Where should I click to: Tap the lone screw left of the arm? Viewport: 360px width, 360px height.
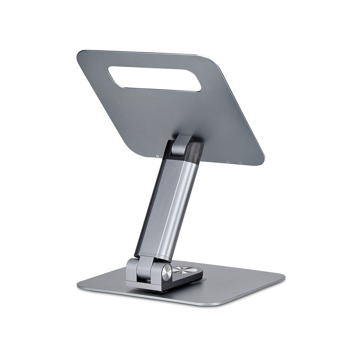coord(157,156)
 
